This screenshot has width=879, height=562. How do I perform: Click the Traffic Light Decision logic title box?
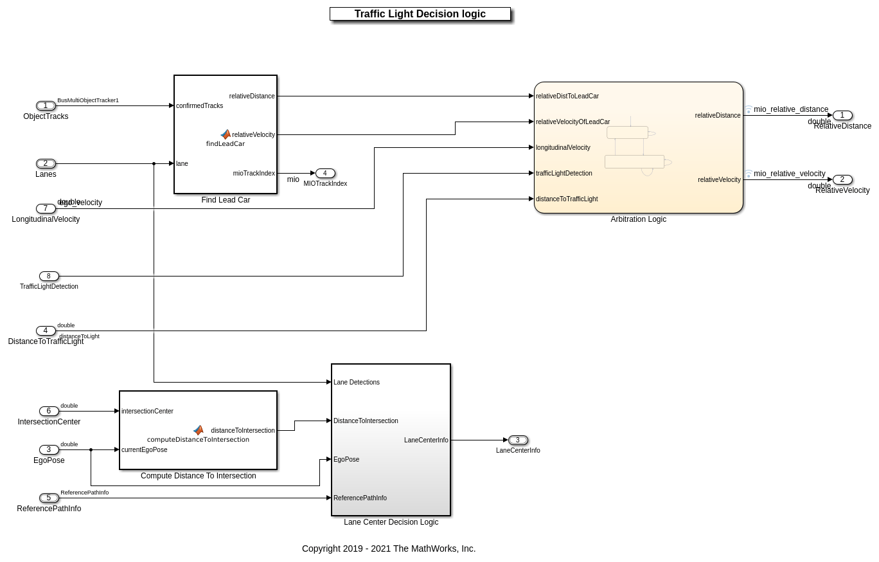(x=420, y=14)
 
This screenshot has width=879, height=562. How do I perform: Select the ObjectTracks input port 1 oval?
(x=46, y=106)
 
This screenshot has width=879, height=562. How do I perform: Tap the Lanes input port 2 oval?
(x=46, y=164)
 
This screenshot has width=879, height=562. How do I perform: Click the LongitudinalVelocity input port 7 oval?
(x=46, y=209)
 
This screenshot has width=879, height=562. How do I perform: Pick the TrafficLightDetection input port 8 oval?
(x=49, y=276)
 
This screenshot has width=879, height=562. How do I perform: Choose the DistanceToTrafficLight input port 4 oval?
(x=46, y=331)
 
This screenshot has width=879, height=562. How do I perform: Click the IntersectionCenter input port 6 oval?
(x=49, y=412)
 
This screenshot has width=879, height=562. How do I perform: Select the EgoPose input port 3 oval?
(x=49, y=450)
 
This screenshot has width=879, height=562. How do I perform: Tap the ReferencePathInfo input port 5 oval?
(x=49, y=498)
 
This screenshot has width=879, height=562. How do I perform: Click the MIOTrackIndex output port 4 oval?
(x=325, y=174)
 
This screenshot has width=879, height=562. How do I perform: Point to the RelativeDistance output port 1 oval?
(x=842, y=116)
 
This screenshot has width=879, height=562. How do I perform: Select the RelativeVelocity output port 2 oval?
(x=842, y=180)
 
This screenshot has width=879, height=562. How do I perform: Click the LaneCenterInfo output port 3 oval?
(x=518, y=440)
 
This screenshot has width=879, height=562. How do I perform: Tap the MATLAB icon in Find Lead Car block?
(x=226, y=134)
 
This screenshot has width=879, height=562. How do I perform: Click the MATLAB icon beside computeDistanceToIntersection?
(x=199, y=430)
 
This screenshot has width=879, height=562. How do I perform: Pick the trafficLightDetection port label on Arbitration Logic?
(x=564, y=174)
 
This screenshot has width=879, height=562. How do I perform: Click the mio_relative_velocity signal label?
(x=789, y=174)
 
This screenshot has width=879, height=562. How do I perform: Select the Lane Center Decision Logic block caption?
(x=391, y=522)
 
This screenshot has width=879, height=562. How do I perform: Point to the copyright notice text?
(x=389, y=548)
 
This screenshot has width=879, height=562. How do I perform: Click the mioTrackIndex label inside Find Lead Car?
(x=254, y=174)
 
